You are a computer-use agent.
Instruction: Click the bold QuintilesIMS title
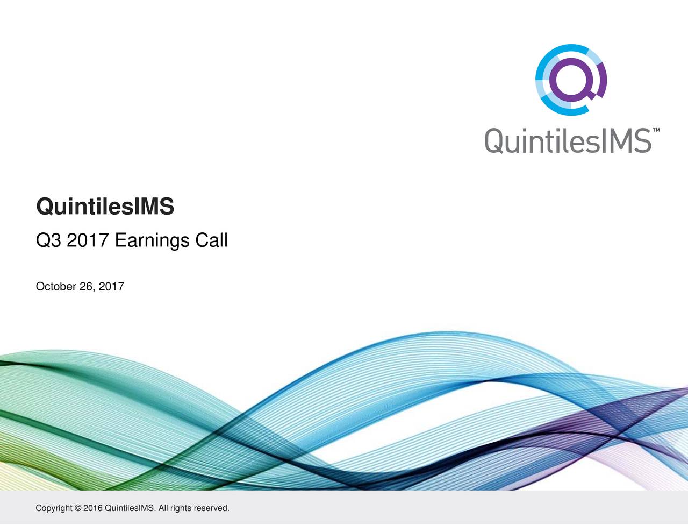point(105,207)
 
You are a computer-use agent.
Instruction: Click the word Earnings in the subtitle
point(152,240)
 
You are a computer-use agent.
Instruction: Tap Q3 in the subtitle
point(48,240)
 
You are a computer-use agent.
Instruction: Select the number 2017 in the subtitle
point(88,240)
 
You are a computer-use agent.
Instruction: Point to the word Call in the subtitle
point(211,240)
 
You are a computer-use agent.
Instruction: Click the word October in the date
point(56,287)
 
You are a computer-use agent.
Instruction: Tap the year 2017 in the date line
point(111,287)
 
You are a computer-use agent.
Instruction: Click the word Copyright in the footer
point(54,508)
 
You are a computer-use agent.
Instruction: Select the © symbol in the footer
point(78,508)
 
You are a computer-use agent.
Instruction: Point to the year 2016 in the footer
point(93,508)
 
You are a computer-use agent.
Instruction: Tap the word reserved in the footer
point(211,508)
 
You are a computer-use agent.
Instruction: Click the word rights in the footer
point(181,508)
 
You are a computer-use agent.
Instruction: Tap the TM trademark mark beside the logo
point(656,131)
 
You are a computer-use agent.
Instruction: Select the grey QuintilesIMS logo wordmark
point(569,141)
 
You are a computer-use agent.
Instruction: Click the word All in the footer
point(163,508)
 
